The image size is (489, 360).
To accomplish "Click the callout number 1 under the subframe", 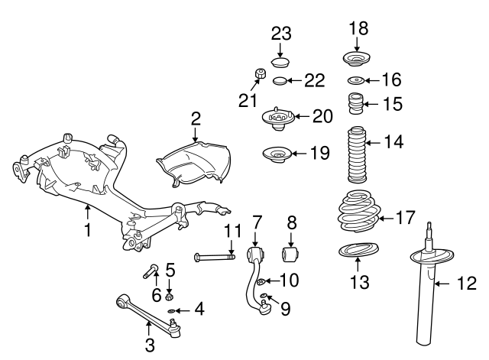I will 88,229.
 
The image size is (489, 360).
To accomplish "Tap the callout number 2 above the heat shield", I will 196,118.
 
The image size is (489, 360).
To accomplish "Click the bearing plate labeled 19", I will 277,155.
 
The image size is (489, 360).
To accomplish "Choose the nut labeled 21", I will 261,75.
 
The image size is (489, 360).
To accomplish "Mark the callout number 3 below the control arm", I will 150,345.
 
